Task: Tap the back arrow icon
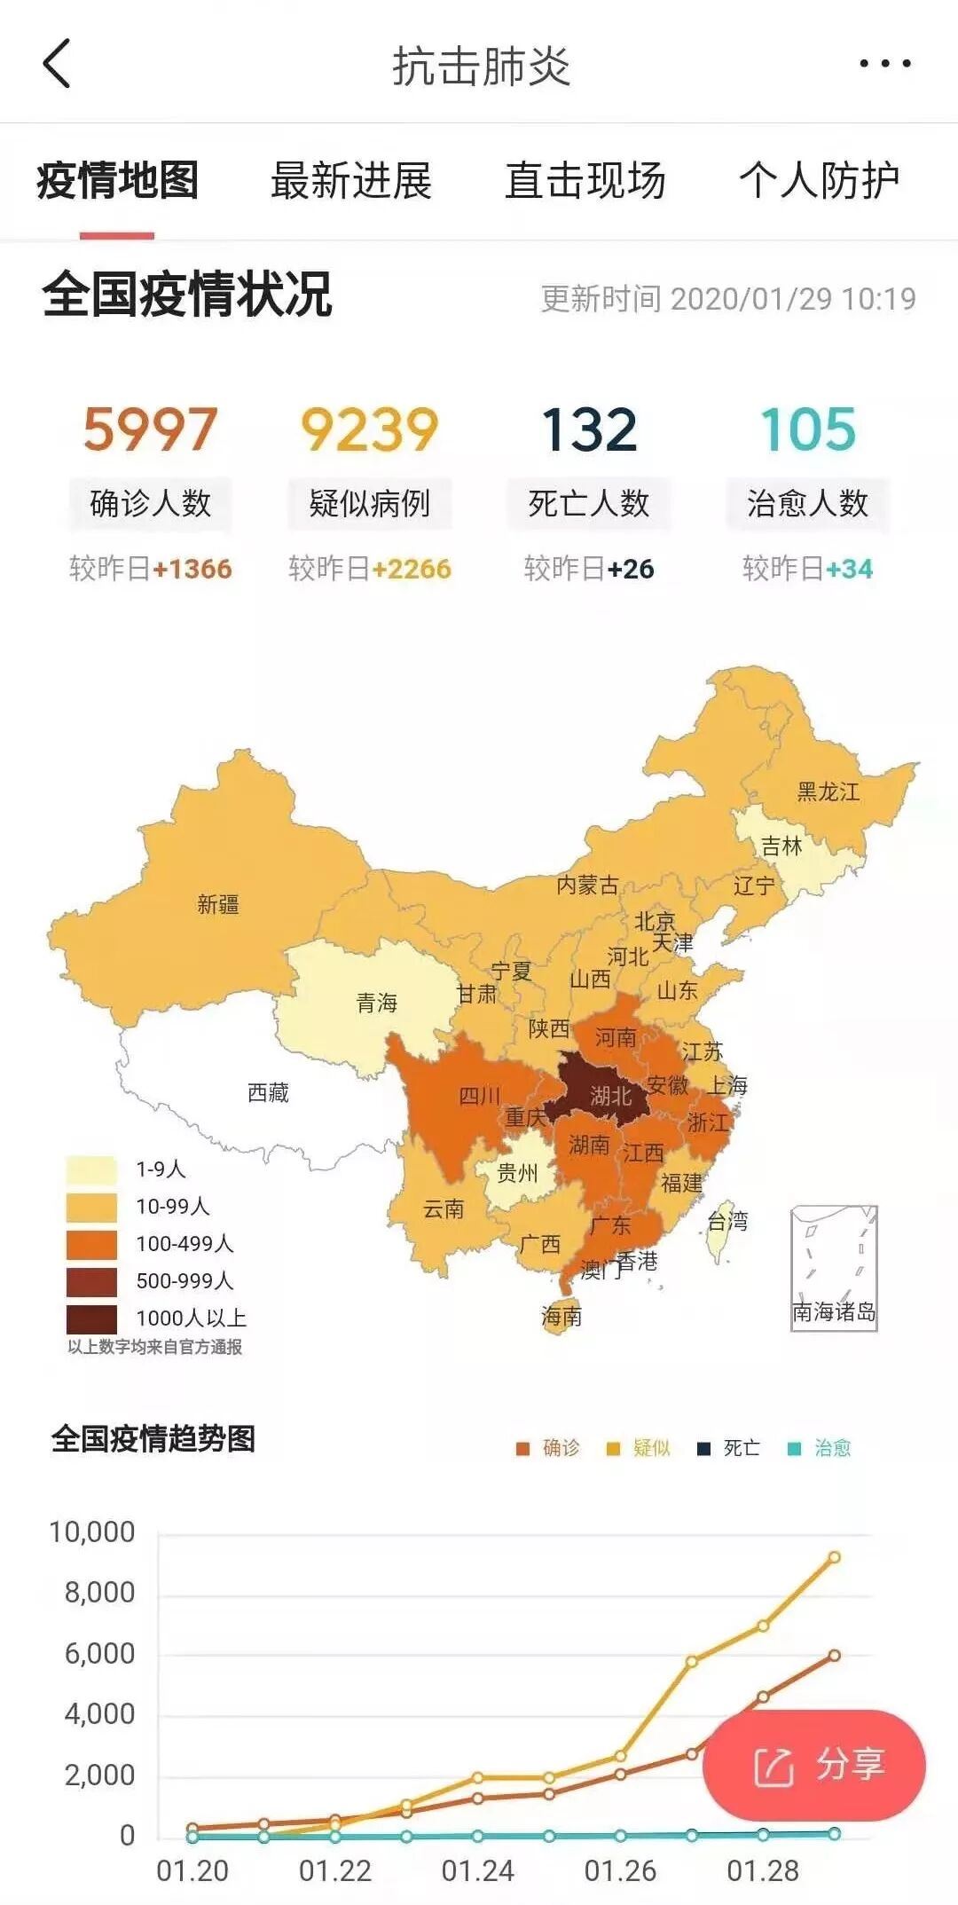tap(57, 64)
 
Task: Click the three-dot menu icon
tap(884, 64)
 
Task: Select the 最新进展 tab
tap(351, 181)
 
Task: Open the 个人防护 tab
tap(819, 181)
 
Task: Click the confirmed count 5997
tap(150, 429)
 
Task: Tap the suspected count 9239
tap(369, 429)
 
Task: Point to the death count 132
tap(589, 429)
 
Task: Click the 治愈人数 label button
tap(807, 504)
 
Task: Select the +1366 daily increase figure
tap(192, 569)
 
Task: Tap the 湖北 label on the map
tap(611, 1097)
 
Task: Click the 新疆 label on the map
tap(218, 904)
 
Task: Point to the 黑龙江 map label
tap(828, 791)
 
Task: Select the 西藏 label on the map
tap(268, 1092)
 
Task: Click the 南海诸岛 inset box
tap(834, 1268)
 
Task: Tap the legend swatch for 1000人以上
tap(91, 1319)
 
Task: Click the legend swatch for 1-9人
tap(91, 1169)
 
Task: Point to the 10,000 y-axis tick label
tap(92, 1532)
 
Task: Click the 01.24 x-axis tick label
tap(477, 1871)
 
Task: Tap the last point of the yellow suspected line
tap(834, 1557)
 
